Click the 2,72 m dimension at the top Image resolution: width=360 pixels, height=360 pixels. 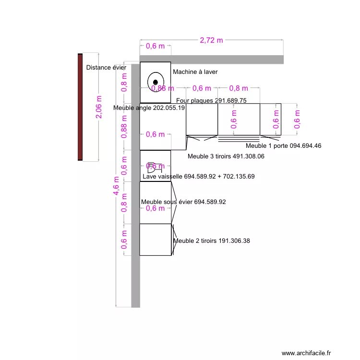coord(211,40)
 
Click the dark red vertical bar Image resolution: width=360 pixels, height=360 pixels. coord(80,107)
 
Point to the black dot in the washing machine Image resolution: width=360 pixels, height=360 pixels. coord(156,82)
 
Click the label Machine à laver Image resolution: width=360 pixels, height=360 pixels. coord(195,72)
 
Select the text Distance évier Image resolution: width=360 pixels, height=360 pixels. coord(106,68)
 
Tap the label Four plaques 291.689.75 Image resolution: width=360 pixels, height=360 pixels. coord(211,101)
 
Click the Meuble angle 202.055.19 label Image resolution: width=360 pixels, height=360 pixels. coord(149,108)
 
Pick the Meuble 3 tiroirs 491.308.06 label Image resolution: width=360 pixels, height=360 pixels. coord(226,156)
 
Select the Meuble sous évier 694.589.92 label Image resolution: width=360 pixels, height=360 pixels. coord(183,202)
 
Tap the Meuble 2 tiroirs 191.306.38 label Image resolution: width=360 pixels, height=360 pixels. coord(211,241)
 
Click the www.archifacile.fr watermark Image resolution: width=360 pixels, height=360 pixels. coord(306,353)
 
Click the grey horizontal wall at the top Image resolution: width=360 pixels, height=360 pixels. coord(211,59)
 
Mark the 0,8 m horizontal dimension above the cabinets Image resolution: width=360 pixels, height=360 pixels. coord(239,88)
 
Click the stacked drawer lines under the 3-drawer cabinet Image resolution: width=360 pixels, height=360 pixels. coord(239,139)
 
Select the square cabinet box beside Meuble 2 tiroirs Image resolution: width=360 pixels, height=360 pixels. coord(155,240)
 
